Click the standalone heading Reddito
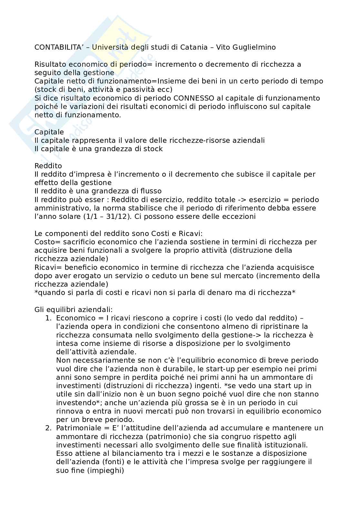click(48, 166)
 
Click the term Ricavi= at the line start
click(47, 267)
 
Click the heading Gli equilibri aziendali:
click(74, 310)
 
